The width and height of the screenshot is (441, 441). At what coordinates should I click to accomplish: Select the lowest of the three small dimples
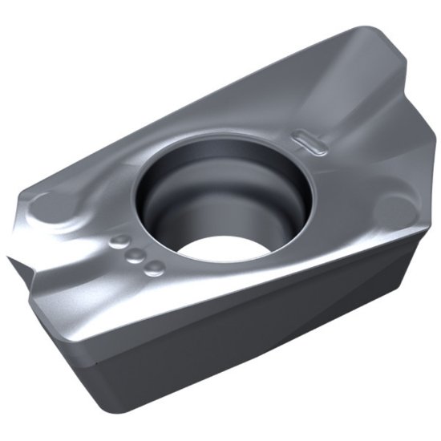click(155, 268)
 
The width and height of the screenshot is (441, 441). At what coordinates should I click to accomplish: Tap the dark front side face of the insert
click(265, 353)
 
